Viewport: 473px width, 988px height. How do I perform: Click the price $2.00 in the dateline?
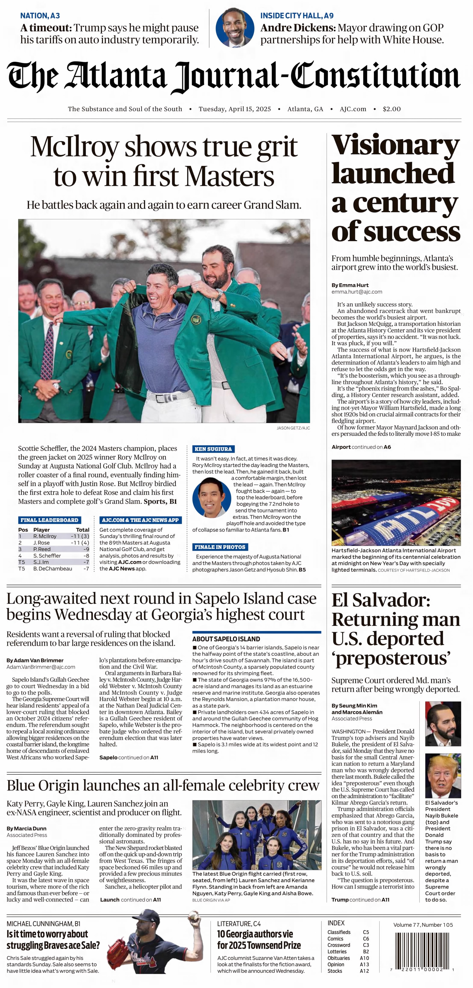click(x=391, y=109)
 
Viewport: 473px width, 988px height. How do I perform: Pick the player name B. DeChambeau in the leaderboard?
click(x=52, y=569)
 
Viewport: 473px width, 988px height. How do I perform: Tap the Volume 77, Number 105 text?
click(x=423, y=925)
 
